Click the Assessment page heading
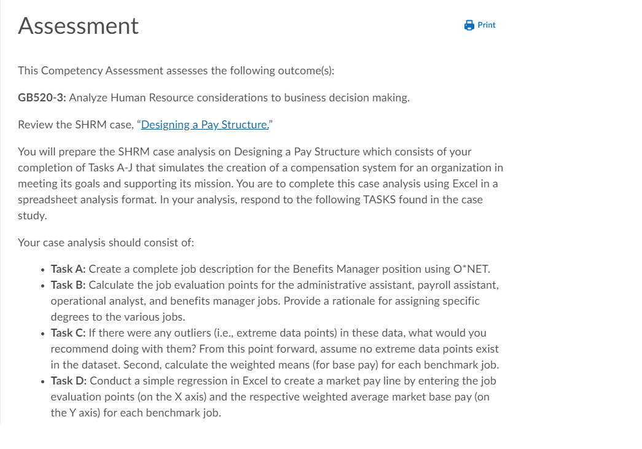coord(79,26)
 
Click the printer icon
coord(469,25)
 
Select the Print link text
coord(487,25)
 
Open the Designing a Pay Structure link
coord(205,125)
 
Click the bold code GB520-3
coord(44,98)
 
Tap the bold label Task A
coord(68,269)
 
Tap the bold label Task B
coord(68,285)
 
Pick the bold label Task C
coord(68,333)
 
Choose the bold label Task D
coord(68,381)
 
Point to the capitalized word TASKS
coord(382,200)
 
